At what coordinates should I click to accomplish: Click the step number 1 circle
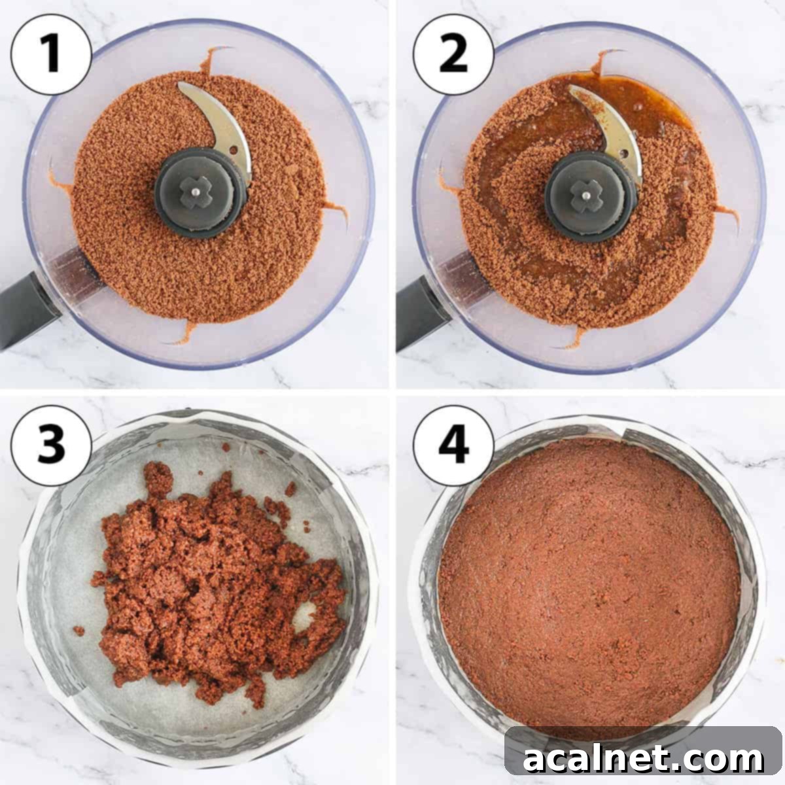[51, 54]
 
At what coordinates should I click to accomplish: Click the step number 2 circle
[453, 54]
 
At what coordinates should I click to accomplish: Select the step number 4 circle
[453, 445]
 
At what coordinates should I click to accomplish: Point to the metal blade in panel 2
[608, 121]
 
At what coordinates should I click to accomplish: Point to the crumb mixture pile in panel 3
[216, 582]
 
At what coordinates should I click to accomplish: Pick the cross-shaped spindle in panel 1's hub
[196, 192]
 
